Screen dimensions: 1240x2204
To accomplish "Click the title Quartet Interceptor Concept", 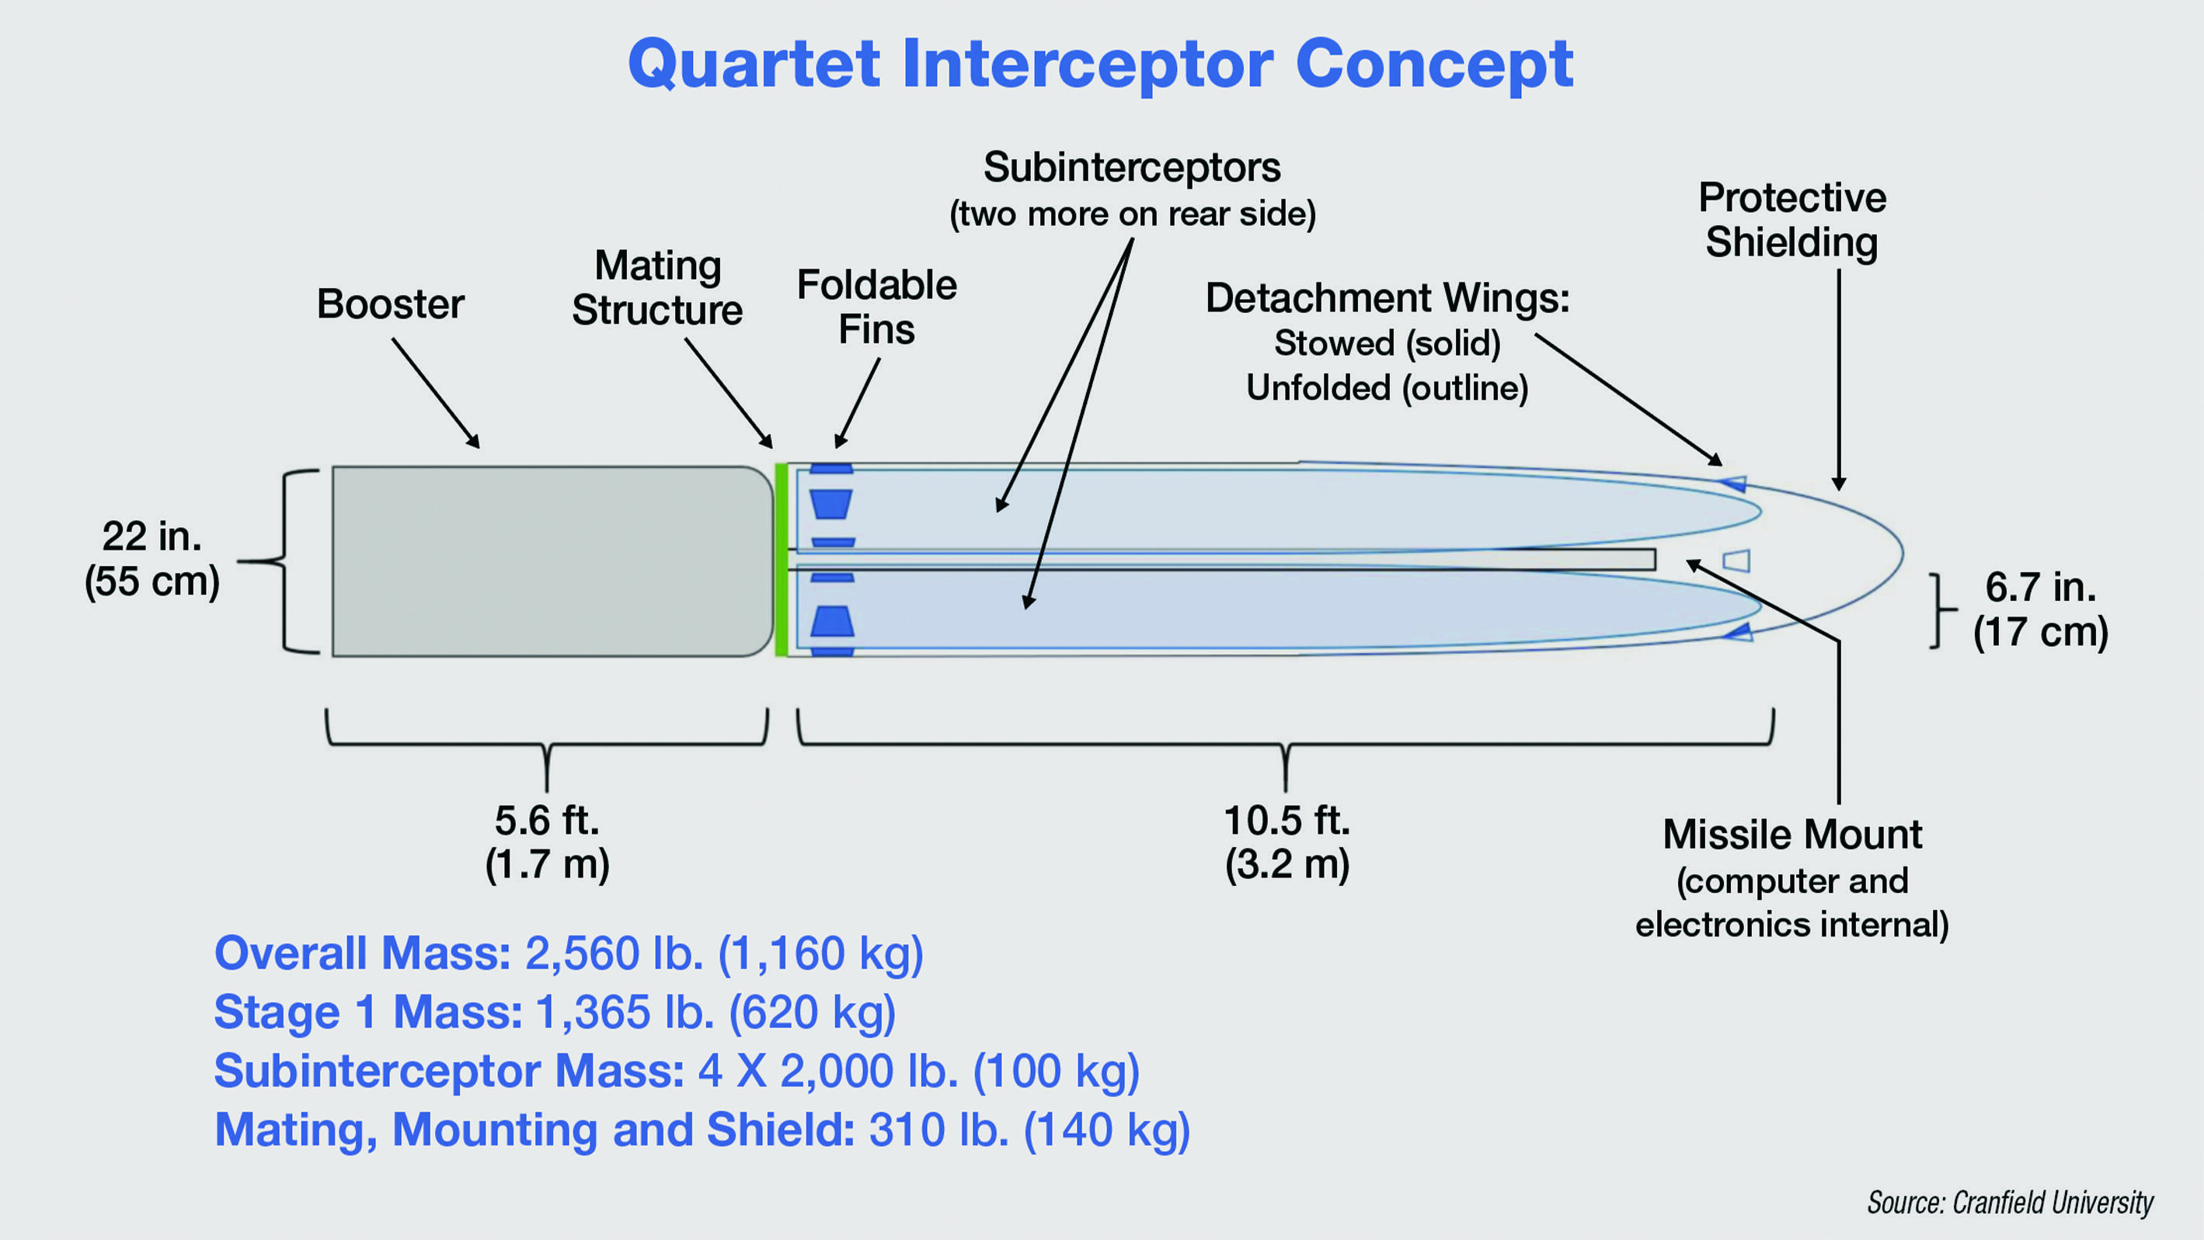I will point(1100,64).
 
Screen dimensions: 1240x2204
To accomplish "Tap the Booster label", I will point(390,304).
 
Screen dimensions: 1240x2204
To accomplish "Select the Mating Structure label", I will point(657,288).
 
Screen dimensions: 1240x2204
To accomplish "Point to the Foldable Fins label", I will point(876,307).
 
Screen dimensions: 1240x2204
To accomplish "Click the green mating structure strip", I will point(780,560).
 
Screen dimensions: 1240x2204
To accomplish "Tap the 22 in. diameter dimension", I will point(152,558).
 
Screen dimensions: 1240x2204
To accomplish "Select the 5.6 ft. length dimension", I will point(547,842).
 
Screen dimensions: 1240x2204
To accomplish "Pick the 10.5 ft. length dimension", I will point(1286,842).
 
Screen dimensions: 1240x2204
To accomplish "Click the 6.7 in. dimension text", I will point(2041,609).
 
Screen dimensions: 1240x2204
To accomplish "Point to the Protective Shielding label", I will point(1791,220).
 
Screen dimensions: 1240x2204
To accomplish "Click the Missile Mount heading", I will point(1791,835).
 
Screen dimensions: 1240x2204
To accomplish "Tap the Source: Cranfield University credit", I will point(2010,1203).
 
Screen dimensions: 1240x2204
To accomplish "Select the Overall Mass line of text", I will point(568,953).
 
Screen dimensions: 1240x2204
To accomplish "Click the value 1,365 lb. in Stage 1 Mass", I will point(625,1012).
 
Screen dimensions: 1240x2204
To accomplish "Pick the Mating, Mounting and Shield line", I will point(702,1130).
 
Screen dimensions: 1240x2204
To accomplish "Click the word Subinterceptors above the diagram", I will point(1131,167).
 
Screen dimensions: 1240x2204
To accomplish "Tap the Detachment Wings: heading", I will point(1387,297).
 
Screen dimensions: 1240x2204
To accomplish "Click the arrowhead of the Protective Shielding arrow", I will point(1839,485).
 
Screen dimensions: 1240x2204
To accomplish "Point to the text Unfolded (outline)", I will point(1387,388).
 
